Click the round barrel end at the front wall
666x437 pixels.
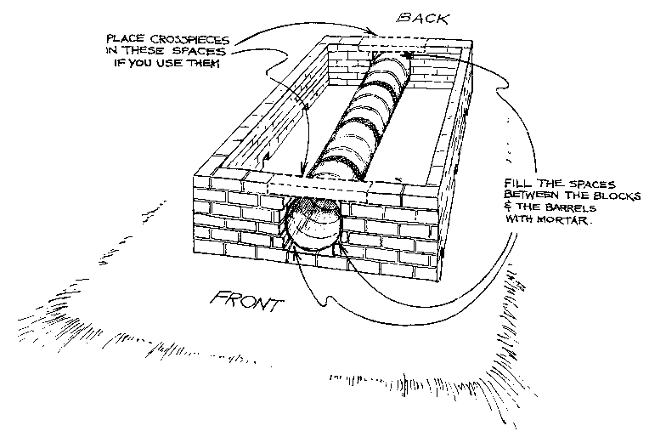[x=312, y=223]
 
